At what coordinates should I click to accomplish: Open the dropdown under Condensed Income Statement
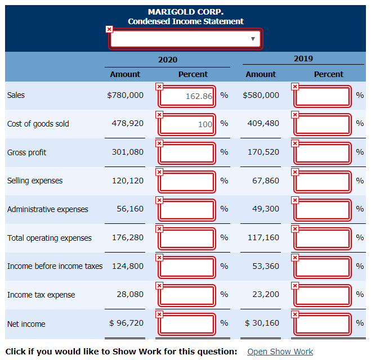coord(185,39)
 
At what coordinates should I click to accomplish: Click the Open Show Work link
coord(280,352)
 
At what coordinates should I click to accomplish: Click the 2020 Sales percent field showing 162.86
coord(187,96)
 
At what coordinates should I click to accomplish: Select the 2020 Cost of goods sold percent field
coord(187,124)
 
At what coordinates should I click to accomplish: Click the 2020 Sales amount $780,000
coord(125,95)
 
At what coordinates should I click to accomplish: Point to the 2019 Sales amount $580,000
coord(261,95)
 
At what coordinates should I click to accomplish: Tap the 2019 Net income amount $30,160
coord(262,323)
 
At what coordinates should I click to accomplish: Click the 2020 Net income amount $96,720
coord(126,323)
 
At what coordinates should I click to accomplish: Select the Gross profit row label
coord(27,152)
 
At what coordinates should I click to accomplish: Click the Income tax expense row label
coord(41,295)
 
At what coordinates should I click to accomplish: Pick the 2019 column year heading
coord(303,58)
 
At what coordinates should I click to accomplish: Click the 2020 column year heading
coord(167,60)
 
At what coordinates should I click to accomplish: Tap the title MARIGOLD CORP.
coord(185,12)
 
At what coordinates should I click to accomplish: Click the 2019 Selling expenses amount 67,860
coord(263,181)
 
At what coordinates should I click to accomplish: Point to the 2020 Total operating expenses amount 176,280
coord(127,237)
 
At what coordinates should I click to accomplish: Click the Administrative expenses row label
coord(48,209)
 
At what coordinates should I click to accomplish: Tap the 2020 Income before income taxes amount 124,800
coord(127,266)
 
